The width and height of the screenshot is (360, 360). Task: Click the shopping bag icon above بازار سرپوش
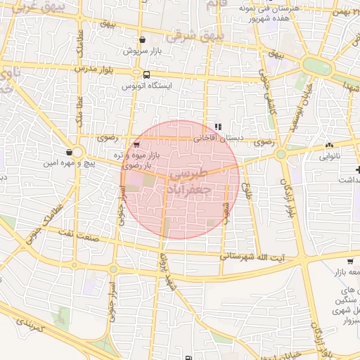(143, 40)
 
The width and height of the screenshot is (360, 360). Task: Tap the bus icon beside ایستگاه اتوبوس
(146, 74)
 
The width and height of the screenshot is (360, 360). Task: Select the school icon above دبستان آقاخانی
(218, 127)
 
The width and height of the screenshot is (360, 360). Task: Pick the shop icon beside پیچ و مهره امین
(69, 152)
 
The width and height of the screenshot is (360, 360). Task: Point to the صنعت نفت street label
(74, 233)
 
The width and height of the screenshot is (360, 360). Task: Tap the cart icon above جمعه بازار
(330, 262)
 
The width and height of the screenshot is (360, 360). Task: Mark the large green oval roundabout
(317, 65)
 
